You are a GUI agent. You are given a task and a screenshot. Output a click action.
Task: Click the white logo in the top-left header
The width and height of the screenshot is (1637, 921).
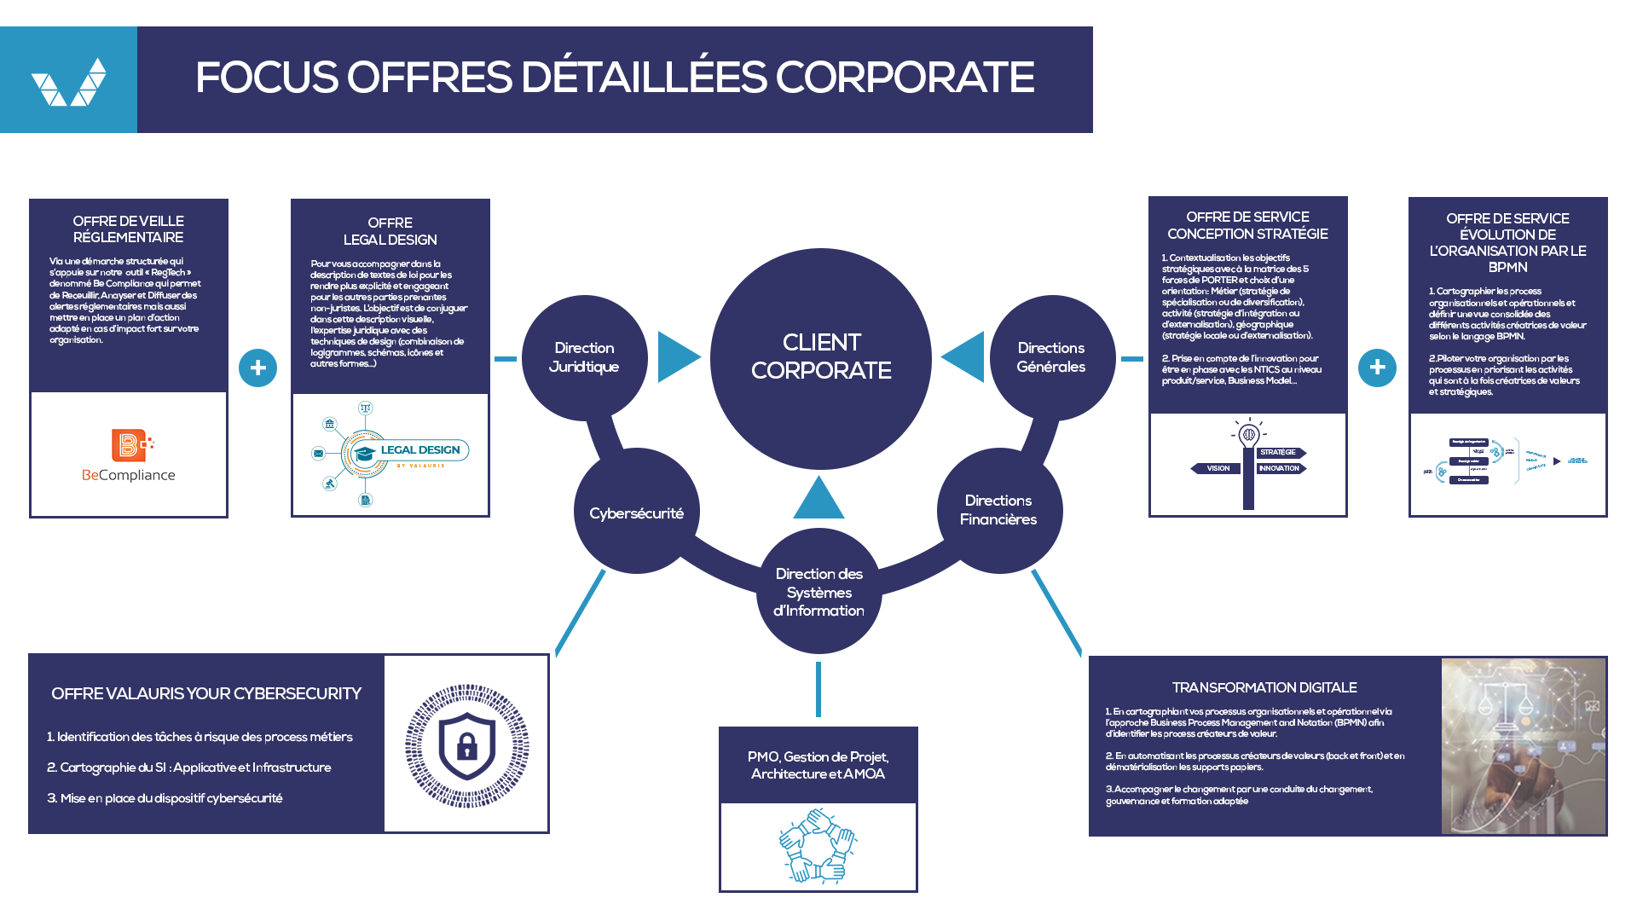[68, 82]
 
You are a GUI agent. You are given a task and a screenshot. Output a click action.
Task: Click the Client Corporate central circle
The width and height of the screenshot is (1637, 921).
[820, 358]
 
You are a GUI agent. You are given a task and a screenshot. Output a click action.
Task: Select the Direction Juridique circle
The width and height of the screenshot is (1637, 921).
[584, 358]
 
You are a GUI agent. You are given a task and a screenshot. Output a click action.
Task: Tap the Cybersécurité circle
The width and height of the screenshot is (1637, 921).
[636, 513]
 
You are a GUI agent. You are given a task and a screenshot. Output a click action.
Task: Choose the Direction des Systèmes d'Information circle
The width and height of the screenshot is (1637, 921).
[818, 592]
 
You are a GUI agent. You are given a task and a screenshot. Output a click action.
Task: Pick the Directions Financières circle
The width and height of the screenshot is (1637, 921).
[998, 510]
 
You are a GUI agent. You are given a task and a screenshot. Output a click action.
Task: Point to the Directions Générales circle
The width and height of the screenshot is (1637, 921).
[1051, 358]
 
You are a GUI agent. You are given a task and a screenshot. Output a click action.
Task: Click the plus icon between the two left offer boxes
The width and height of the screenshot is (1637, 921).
[257, 368]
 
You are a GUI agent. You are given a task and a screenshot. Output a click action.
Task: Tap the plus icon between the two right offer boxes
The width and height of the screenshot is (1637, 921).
[1377, 368]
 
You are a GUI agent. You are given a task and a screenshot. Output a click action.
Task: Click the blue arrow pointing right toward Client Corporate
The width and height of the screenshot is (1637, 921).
[677, 356]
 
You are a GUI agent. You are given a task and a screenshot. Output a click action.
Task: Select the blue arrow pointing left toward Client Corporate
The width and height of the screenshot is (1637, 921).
[965, 356]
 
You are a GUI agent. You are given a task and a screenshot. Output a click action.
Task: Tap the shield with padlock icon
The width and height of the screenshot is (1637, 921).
[466, 745]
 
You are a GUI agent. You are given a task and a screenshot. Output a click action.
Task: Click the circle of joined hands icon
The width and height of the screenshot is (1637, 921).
[818, 846]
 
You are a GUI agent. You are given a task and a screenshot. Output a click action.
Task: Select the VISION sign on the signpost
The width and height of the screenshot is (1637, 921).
[1217, 468]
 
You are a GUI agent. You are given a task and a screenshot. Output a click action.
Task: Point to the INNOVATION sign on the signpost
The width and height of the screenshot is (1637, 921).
[1281, 468]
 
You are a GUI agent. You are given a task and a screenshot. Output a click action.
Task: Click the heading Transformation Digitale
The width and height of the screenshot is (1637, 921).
[1264, 687]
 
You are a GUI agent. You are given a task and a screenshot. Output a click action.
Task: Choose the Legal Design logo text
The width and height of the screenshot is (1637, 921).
[420, 450]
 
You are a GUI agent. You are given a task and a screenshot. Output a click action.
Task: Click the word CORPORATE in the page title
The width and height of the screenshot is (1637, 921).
[905, 78]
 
